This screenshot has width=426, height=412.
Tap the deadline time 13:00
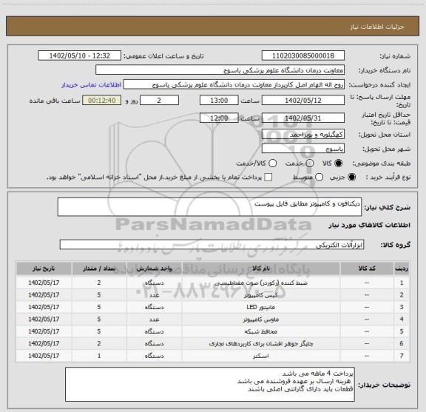tap(219, 100)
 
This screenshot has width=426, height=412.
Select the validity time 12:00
tap(219, 118)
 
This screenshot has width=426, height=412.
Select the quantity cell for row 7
tap(99, 356)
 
